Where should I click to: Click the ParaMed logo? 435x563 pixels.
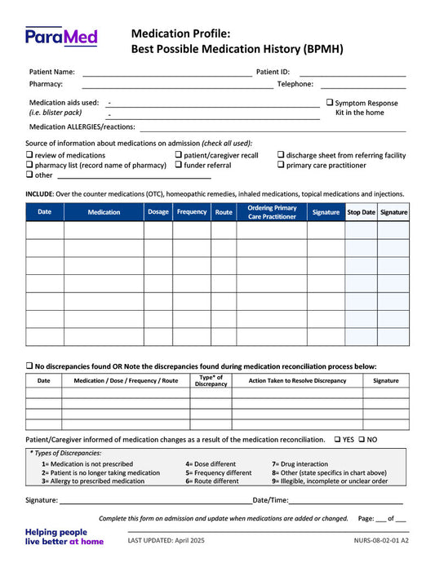pyautogui.click(x=61, y=36)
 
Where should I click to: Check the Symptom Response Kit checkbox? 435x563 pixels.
pyautogui.click(x=330, y=103)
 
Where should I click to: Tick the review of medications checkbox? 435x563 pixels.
pyautogui.click(x=29, y=155)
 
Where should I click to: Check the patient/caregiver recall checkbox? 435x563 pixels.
pyautogui.click(x=179, y=155)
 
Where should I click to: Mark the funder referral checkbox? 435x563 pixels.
pyautogui.click(x=179, y=165)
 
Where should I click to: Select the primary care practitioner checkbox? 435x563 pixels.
pyautogui.click(x=281, y=165)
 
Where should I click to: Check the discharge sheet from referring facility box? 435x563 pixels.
pyautogui.click(x=281, y=155)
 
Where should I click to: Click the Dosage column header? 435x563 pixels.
pyautogui.click(x=158, y=212)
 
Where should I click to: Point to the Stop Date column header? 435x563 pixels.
pyautogui.click(x=361, y=212)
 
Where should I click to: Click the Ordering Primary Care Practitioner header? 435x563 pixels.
pyautogui.click(x=272, y=212)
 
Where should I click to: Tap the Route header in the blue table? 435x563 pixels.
pyautogui.click(x=223, y=212)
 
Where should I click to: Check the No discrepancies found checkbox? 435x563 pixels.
pyautogui.click(x=29, y=366)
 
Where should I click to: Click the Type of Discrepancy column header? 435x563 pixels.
pyautogui.click(x=211, y=380)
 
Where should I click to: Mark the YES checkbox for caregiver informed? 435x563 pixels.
pyautogui.click(x=337, y=439)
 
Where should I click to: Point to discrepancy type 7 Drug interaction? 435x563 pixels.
pyautogui.click(x=300, y=463)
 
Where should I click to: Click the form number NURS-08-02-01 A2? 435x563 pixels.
pyautogui.click(x=381, y=541)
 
